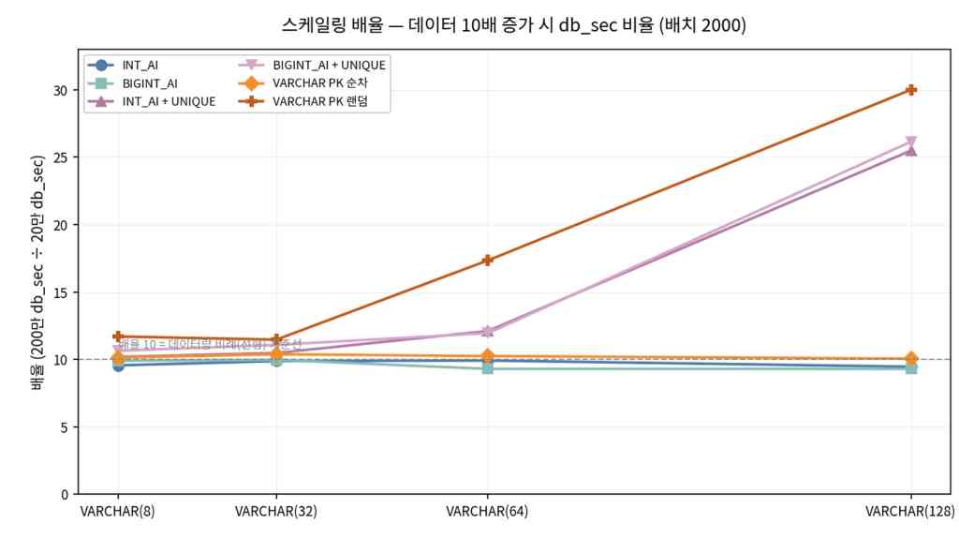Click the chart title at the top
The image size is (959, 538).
click(513, 25)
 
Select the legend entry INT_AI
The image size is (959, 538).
click(140, 66)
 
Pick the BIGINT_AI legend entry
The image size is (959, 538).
click(150, 83)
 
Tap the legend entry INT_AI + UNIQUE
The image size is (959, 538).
click(169, 101)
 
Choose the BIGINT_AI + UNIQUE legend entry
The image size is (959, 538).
click(329, 66)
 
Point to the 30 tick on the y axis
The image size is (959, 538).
click(61, 90)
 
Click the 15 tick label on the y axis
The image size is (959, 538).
click(61, 292)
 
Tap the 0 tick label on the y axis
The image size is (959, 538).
click(65, 494)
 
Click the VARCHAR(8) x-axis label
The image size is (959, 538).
click(118, 512)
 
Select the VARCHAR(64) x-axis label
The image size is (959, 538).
click(487, 512)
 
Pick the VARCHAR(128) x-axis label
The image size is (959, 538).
click(910, 512)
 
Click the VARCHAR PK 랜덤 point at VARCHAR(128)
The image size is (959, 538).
click(911, 90)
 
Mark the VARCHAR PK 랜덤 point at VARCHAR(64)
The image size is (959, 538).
click(488, 261)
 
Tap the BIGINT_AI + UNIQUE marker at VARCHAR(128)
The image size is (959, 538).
click(911, 142)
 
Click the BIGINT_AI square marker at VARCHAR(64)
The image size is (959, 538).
click(488, 368)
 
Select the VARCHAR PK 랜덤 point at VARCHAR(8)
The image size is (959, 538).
click(118, 336)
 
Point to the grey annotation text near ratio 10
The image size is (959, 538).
click(211, 345)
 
